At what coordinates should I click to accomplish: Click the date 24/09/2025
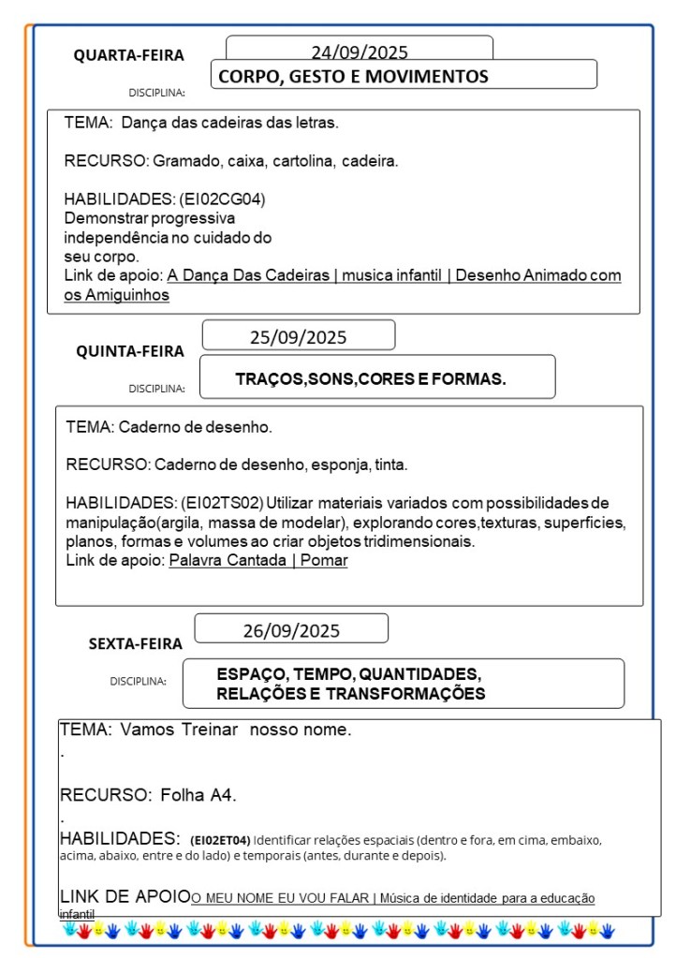point(360,52)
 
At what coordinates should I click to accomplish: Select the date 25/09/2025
point(298,337)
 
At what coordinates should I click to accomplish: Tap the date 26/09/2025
point(291,630)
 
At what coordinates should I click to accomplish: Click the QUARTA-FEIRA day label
point(129,55)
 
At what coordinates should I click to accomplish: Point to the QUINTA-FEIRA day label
point(130,351)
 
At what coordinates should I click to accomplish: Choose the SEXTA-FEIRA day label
point(136,643)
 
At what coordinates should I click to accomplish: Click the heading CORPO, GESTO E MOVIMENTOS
point(353,77)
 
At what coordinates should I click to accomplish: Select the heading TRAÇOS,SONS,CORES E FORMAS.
point(371,379)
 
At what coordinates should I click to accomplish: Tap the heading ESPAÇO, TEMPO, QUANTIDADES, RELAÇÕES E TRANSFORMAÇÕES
point(350,685)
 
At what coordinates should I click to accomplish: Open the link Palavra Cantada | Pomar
point(258,560)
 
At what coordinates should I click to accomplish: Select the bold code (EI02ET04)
point(220,840)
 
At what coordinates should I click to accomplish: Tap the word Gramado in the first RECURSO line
point(183,161)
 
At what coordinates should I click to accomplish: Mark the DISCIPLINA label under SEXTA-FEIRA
point(138,681)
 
